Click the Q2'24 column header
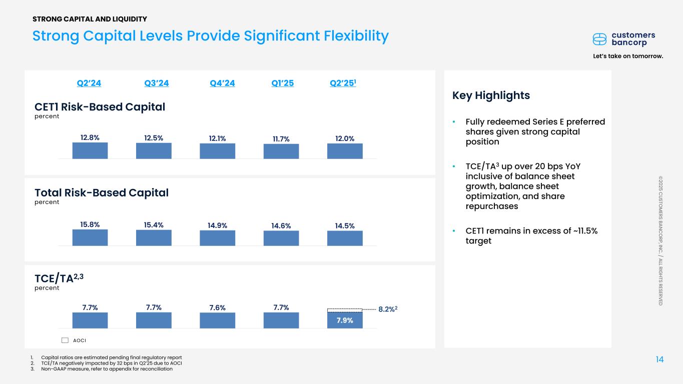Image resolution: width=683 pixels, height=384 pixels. (x=89, y=83)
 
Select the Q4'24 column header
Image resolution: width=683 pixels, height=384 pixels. (x=222, y=83)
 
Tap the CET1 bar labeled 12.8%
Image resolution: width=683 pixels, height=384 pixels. (x=90, y=150)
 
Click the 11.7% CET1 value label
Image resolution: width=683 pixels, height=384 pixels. (x=281, y=138)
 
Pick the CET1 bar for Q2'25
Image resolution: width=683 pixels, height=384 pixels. (x=345, y=151)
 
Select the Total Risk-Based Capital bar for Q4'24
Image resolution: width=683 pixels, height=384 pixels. (x=217, y=238)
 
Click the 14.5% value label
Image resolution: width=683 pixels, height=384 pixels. (x=345, y=226)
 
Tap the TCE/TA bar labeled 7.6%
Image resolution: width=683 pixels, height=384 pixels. (x=217, y=320)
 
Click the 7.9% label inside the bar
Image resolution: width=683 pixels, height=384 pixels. (x=345, y=320)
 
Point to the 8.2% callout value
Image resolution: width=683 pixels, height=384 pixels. (x=387, y=310)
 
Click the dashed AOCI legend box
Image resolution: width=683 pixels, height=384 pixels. (x=65, y=340)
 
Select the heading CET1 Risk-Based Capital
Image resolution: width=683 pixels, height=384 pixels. (x=100, y=106)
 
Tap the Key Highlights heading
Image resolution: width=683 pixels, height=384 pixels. (x=491, y=95)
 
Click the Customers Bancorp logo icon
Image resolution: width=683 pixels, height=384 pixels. (x=599, y=39)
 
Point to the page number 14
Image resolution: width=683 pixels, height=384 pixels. (x=659, y=358)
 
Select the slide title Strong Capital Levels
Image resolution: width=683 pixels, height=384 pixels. (x=210, y=36)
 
